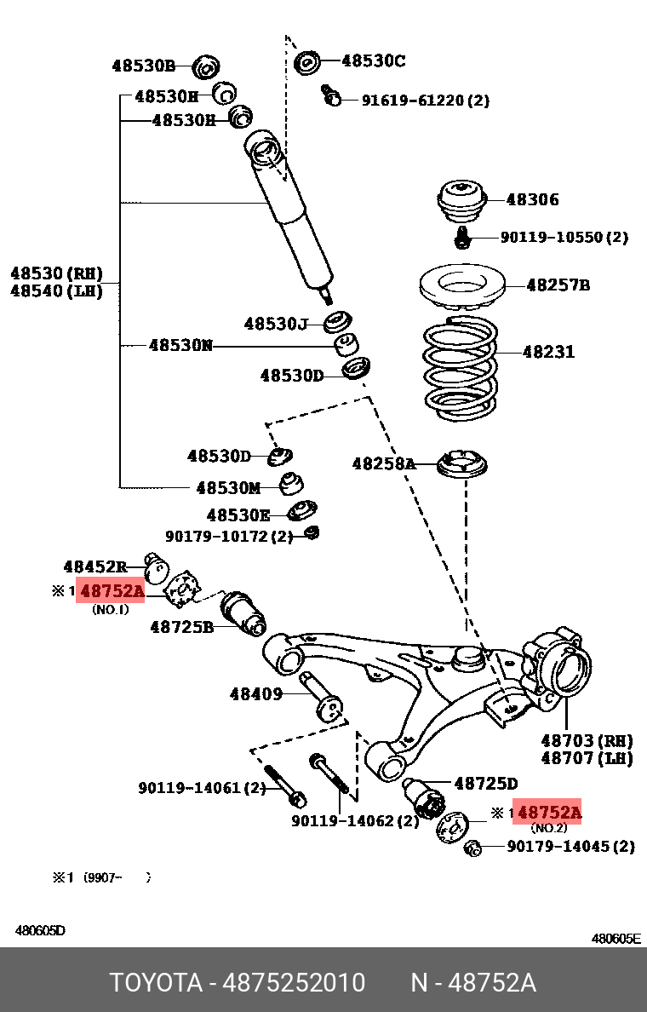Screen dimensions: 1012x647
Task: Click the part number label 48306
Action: (x=532, y=200)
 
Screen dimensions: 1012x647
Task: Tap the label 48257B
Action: (x=558, y=285)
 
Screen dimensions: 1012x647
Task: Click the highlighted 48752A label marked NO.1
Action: (x=112, y=591)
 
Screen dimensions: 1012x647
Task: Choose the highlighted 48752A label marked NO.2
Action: (x=549, y=813)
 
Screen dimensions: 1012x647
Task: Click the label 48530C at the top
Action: (x=373, y=60)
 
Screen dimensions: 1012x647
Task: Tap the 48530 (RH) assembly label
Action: (x=56, y=273)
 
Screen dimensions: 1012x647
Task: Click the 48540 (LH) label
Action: (x=56, y=291)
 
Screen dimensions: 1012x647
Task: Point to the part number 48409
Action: (x=255, y=694)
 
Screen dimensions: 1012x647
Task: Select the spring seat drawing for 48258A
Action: (x=465, y=465)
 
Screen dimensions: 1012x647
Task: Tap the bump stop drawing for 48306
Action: (x=460, y=201)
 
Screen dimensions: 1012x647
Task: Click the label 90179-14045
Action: (x=570, y=846)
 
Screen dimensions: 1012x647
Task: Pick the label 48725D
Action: (x=485, y=783)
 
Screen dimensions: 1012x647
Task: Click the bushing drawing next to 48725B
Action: (x=243, y=613)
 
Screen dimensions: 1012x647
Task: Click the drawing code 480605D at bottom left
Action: (x=40, y=930)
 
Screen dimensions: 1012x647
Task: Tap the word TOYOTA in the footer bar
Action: (x=155, y=983)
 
